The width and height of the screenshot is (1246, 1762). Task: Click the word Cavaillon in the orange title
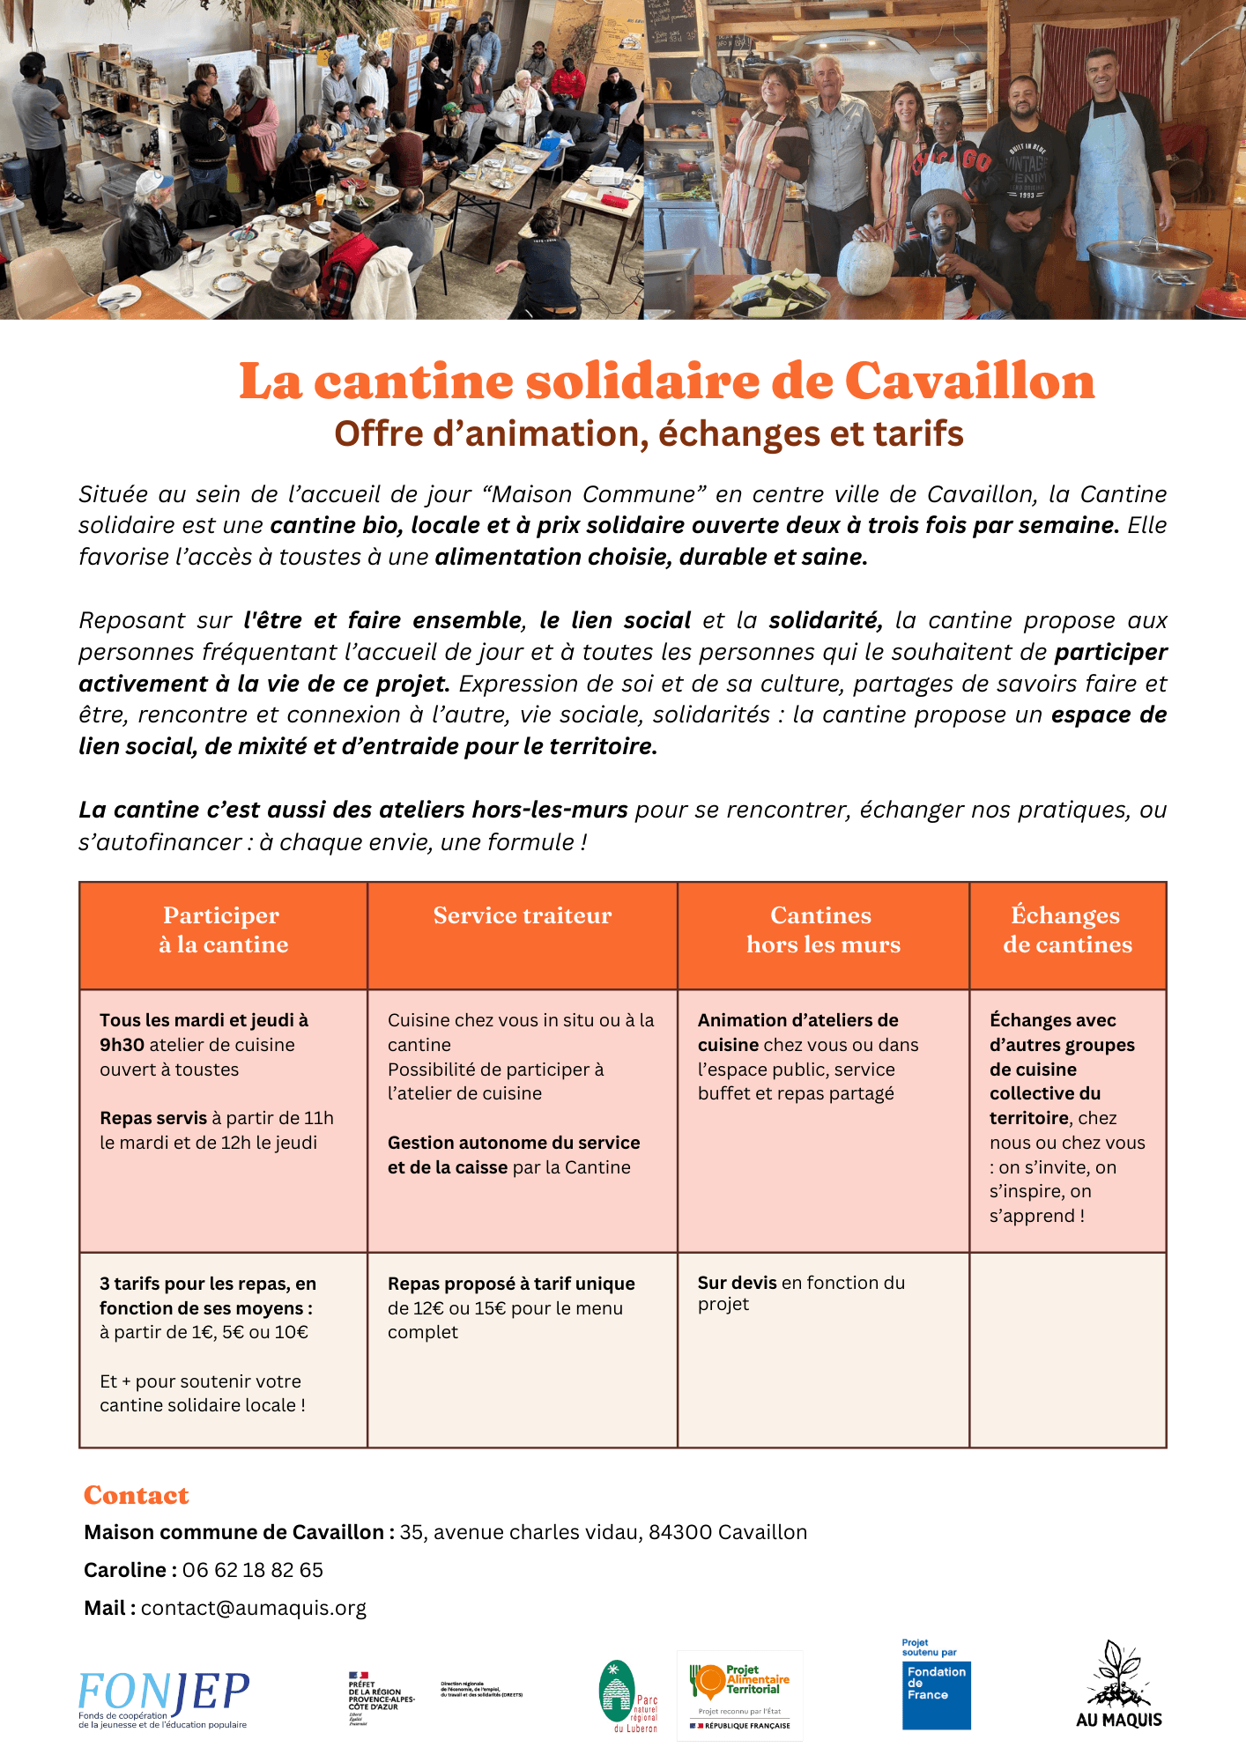[x=969, y=381]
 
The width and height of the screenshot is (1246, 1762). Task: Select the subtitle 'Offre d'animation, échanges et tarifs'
[x=649, y=433]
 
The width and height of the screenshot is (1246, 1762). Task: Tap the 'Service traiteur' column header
[x=522, y=916]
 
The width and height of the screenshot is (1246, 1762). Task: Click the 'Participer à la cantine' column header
[x=223, y=930]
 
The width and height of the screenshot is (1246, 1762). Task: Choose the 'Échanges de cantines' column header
[x=1067, y=930]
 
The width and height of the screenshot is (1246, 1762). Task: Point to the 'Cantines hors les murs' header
[x=823, y=930]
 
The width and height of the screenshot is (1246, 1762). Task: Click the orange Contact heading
[x=137, y=1495]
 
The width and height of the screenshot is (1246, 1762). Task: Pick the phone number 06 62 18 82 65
[x=253, y=1570]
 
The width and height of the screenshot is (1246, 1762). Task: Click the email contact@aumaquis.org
[x=254, y=1608]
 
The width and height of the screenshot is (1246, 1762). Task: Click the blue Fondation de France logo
[x=936, y=1693]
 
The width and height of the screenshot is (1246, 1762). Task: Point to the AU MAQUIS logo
[x=1118, y=1685]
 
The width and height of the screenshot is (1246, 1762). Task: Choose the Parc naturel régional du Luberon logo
[x=627, y=1697]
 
